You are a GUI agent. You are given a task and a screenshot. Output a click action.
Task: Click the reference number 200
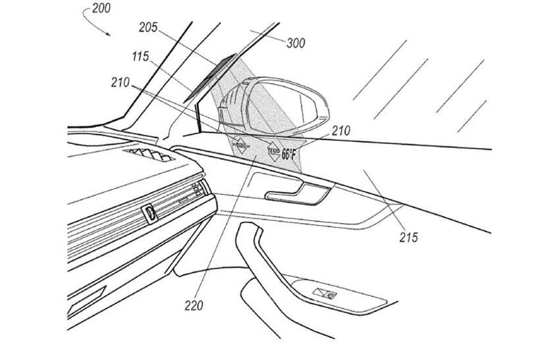click(x=102, y=9)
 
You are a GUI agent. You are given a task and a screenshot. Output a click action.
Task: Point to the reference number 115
click(x=141, y=57)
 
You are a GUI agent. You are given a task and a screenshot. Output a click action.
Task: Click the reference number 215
click(x=408, y=237)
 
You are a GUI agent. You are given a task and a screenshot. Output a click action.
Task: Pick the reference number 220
click(x=194, y=305)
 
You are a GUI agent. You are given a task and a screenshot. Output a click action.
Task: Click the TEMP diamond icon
click(x=271, y=152)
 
